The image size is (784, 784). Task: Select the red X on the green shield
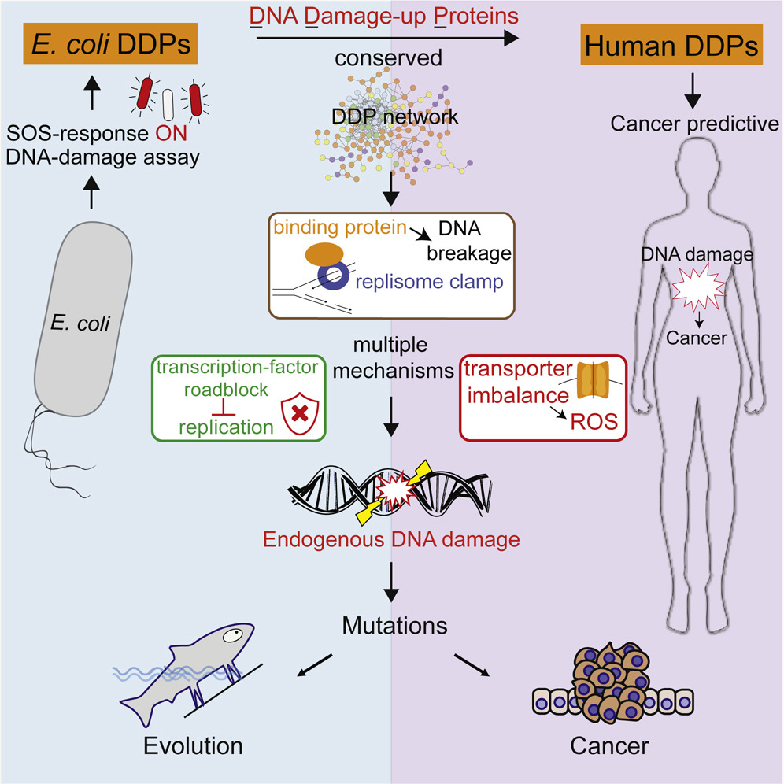[x=299, y=411]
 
